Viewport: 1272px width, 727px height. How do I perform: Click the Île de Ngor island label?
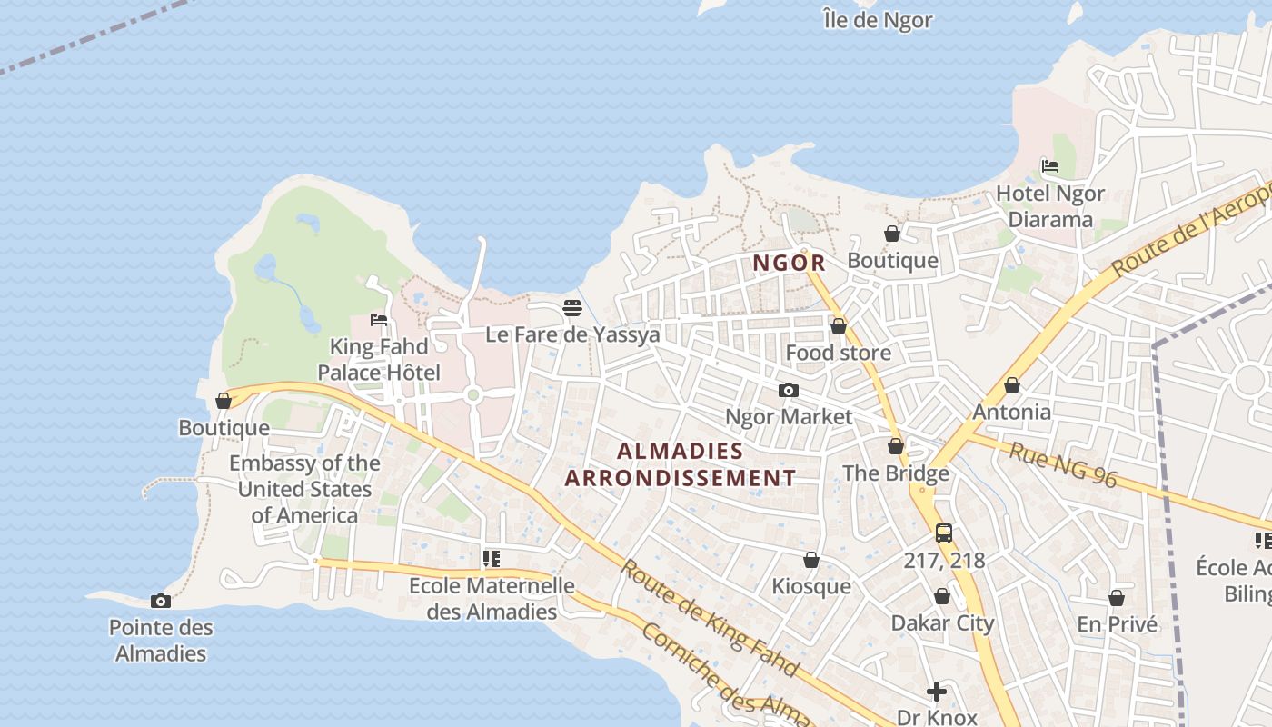[x=877, y=19]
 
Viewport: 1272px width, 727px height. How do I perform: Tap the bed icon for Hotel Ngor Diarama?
[x=1050, y=166]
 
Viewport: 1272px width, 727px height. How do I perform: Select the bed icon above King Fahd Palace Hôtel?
[x=379, y=320]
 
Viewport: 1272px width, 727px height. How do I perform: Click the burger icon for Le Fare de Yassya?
[x=571, y=307]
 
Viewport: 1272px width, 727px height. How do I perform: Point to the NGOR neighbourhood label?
[x=789, y=264]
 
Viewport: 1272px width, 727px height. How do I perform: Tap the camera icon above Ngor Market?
[x=788, y=391]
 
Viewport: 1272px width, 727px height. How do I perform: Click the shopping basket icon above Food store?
[x=838, y=326]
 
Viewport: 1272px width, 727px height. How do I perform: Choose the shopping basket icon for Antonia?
[x=1011, y=386]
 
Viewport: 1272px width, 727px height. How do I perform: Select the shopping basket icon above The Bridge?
[x=895, y=447]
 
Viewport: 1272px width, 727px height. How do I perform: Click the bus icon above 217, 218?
[x=944, y=533]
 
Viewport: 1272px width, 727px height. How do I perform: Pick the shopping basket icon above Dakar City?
[x=942, y=597]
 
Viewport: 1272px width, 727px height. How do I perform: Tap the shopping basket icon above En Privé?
[x=1117, y=599]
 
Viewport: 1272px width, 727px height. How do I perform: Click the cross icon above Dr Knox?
[x=936, y=692]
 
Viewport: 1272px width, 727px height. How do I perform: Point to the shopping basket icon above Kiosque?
[x=810, y=561]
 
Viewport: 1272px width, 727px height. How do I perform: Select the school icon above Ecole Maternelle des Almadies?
[x=491, y=559]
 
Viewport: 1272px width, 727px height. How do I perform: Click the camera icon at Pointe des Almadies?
[x=161, y=601]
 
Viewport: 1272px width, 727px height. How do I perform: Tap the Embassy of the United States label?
[x=304, y=489]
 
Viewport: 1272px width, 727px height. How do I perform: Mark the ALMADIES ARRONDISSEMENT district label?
[x=680, y=464]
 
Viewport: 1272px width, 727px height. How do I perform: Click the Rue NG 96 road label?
[x=1063, y=464]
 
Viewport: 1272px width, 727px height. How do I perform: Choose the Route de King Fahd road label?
[x=710, y=618]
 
